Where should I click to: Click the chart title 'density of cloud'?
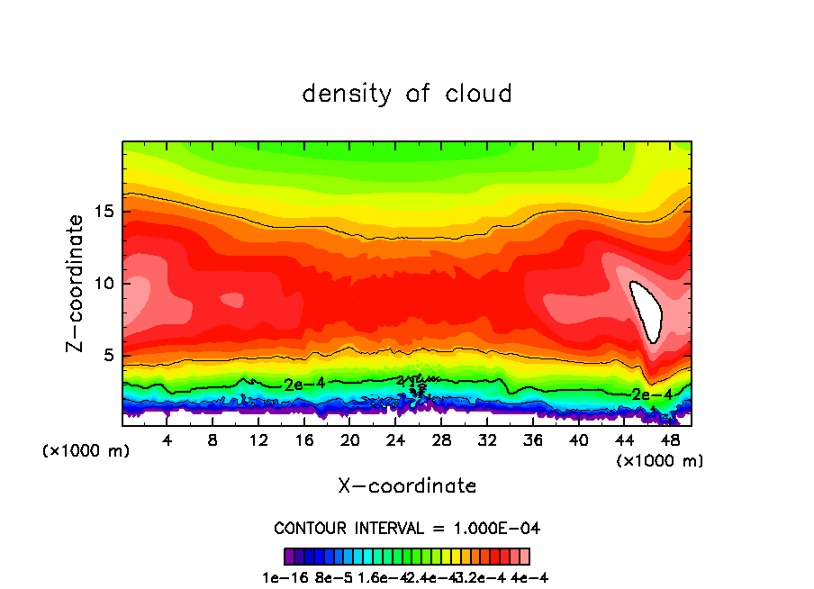[x=407, y=94]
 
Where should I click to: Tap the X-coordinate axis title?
[x=407, y=486]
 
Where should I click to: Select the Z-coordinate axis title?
[x=77, y=283]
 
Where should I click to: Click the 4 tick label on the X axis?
[x=167, y=441]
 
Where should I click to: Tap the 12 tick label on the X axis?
[x=258, y=441]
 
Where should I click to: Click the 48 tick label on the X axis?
[x=669, y=441]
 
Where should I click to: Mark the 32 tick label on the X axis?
[x=487, y=441]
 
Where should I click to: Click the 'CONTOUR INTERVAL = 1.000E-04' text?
[x=407, y=528]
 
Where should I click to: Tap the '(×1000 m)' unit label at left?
[x=86, y=451]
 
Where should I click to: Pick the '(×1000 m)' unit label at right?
[x=659, y=461]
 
